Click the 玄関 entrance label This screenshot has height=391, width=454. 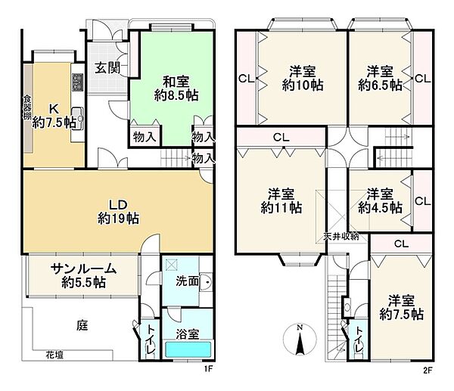tap(105, 66)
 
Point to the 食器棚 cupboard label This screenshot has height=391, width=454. tap(27, 107)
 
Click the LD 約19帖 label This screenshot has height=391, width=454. tap(117, 210)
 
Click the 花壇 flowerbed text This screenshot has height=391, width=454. tap(53, 354)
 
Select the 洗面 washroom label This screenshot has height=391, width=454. tap(189, 281)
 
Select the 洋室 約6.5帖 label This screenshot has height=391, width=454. tap(380, 79)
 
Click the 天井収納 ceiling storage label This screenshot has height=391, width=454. tap(341, 236)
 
